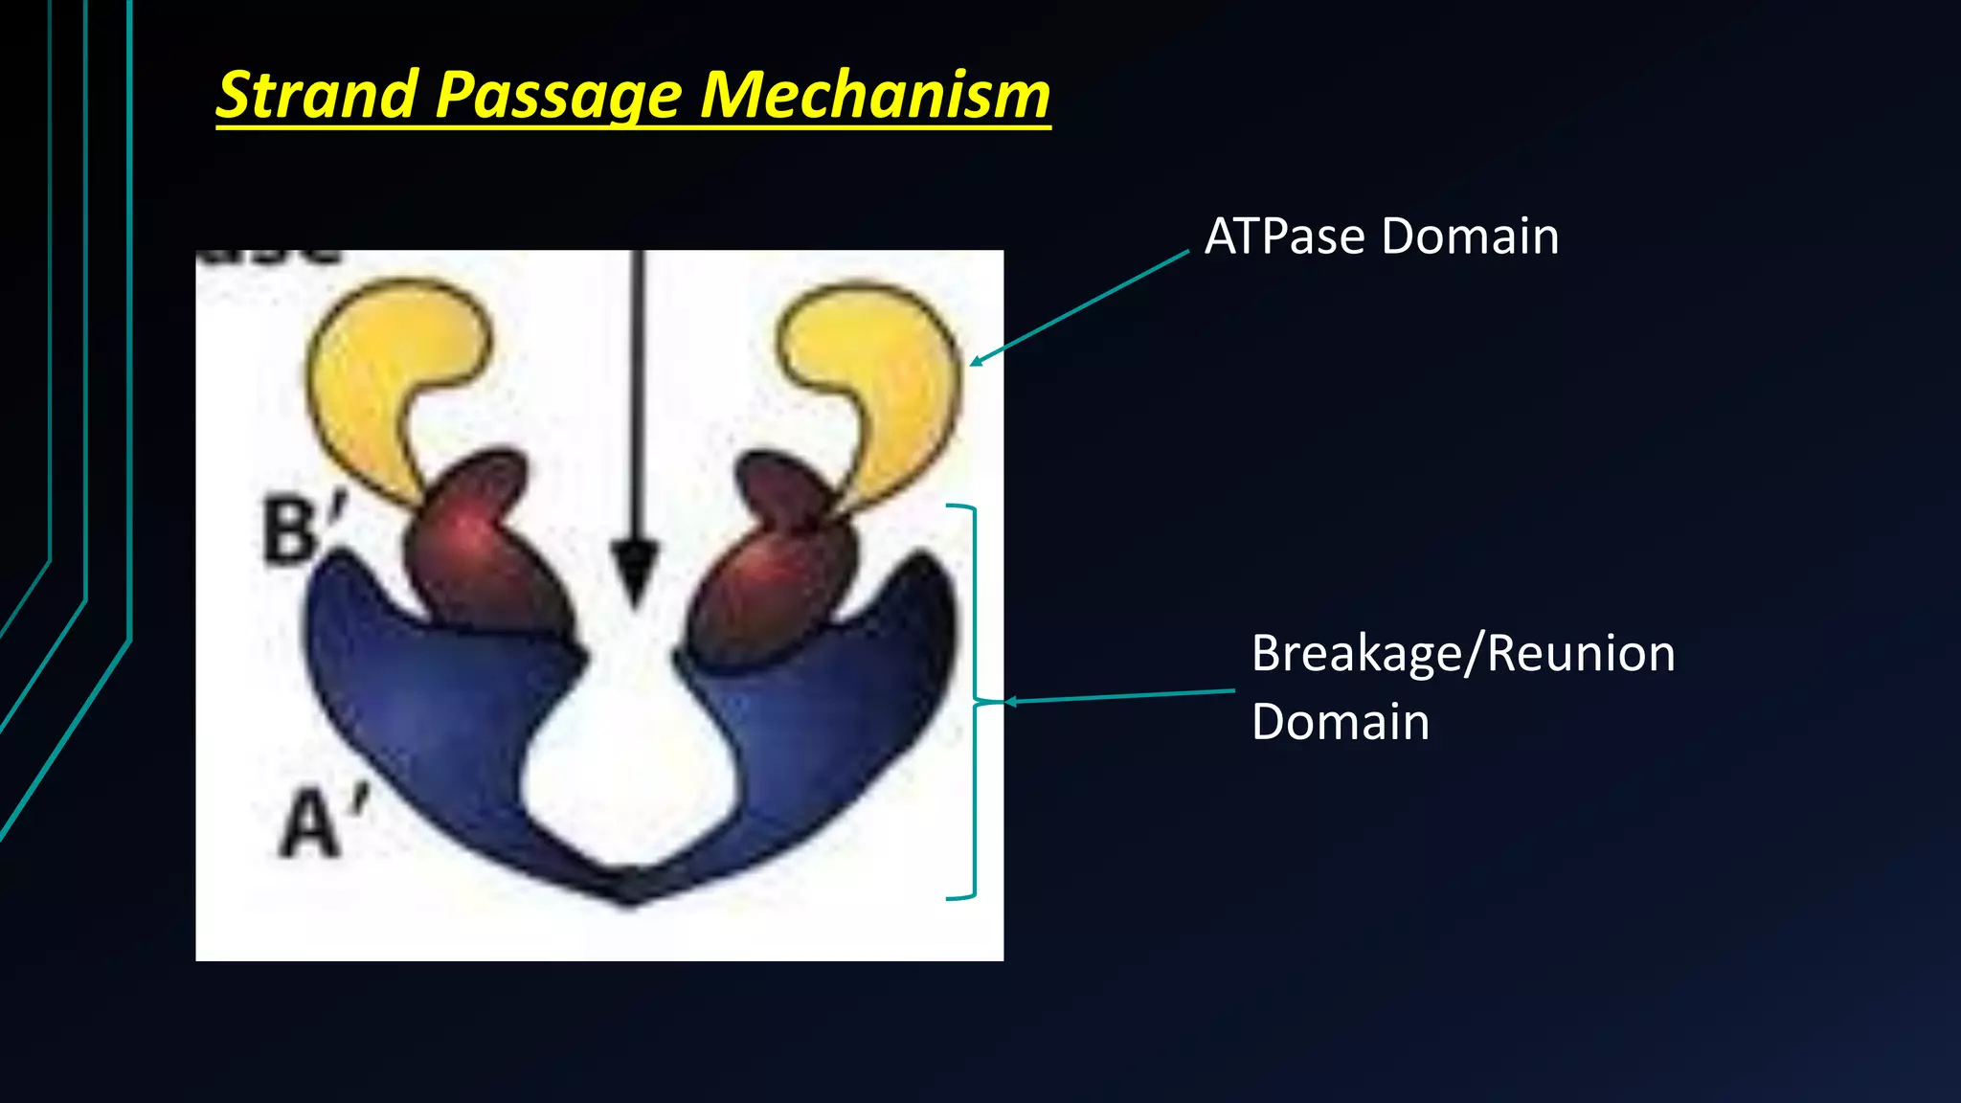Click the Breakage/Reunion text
[x=1463, y=653]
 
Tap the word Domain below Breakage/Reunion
[x=1340, y=721]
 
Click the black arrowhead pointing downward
[x=635, y=570]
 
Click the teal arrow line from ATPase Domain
[x=1082, y=306]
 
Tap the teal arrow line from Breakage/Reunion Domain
[x=1120, y=696]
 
